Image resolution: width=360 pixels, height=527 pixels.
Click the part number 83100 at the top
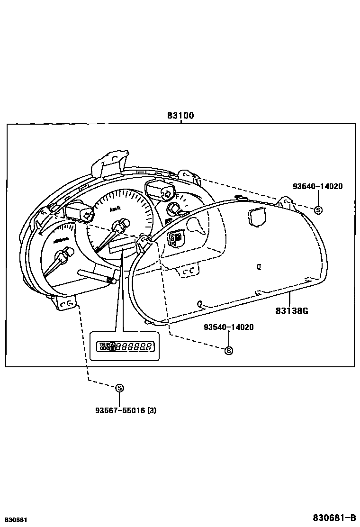click(x=180, y=116)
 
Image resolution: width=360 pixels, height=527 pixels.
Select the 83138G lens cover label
click(x=292, y=311)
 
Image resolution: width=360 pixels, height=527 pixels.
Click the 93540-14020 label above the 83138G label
click(x=317, y=186)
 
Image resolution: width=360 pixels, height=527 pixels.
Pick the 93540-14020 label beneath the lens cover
click(x=229, y=327)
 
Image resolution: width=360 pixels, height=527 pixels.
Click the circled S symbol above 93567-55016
click(x=119, y=388)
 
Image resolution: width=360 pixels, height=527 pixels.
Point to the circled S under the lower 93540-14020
click(x=229, y=351)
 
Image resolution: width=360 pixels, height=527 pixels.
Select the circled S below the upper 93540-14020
click(x=318, y=210)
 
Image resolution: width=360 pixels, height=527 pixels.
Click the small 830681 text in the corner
click(x=15, y=520)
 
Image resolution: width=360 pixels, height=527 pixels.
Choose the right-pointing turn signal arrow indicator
click(x=166, y=193)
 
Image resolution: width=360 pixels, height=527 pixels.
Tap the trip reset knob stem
click(x=95, y=276)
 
